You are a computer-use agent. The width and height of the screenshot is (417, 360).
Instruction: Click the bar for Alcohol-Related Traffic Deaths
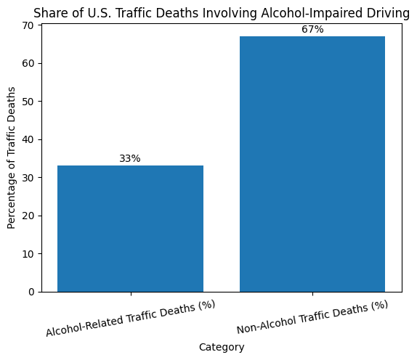[x=130, y=229]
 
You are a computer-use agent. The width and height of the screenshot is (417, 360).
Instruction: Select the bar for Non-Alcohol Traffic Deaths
[x=312, y=164]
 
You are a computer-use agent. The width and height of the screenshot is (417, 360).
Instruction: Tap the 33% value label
[x=130, y=159]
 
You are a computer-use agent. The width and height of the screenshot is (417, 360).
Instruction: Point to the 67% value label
[x=312, y=30]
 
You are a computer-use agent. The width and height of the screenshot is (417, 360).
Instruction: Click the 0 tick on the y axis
[x=32, y=292]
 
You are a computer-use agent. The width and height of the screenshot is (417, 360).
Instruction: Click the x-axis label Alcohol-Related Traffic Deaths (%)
[x=131, y=318]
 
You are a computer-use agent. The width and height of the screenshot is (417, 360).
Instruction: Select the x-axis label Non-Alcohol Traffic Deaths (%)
[x=312, y=317]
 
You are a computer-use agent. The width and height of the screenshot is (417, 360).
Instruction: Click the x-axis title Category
[x=222, y=348]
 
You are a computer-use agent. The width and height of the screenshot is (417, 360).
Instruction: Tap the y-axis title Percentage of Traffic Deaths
[x=11, y=157]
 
